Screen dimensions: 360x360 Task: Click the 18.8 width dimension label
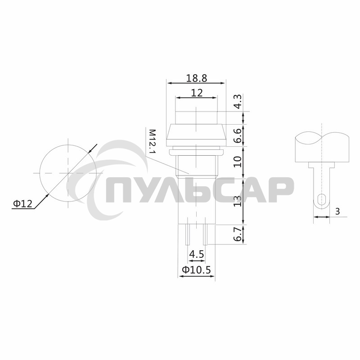196,78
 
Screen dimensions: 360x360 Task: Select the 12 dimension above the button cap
196,93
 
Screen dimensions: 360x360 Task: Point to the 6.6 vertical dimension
238,135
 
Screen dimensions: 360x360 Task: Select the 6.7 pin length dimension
238,234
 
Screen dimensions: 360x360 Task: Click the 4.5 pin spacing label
196,254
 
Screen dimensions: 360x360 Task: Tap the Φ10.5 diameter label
196,270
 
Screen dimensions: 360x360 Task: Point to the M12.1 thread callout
152,141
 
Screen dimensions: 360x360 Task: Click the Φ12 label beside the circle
23,204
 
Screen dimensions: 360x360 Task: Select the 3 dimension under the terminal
337,211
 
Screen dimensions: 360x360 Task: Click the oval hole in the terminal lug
321,199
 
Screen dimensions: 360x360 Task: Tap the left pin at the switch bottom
187,234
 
